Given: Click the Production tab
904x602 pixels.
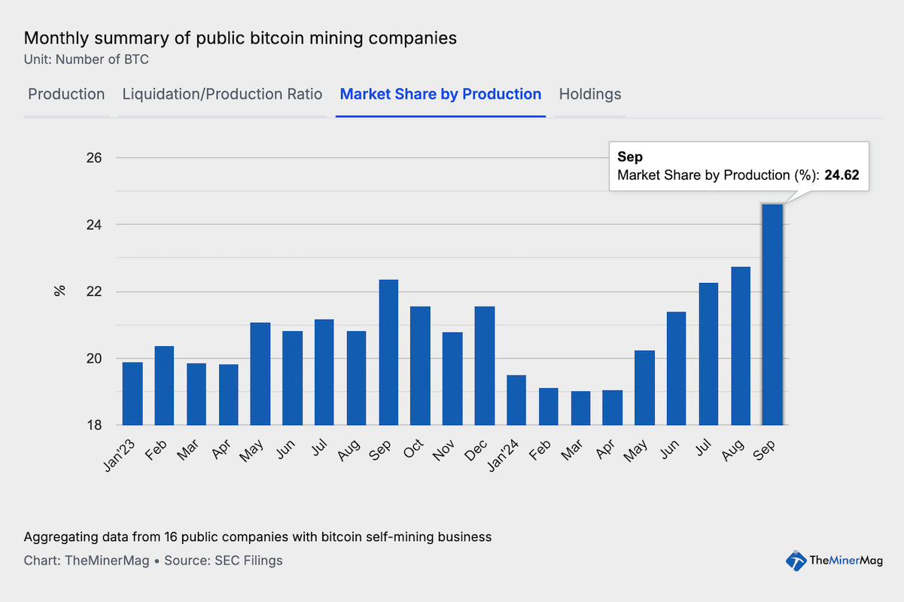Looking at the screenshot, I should pos(66,94).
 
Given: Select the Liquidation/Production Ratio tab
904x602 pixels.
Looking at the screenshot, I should pos(222,94).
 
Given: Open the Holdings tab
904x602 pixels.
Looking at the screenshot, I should pos(590,94).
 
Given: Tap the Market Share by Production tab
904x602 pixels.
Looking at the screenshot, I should pos(440,94).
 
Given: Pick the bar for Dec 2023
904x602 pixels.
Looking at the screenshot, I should pos(485,366).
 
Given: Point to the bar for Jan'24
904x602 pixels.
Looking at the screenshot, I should pos(516,400).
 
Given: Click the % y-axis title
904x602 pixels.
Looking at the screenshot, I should pos(59,291).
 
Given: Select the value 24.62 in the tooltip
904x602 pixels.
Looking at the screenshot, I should pos(842,175).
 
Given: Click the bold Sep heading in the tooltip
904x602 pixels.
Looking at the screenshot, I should pos(629,157).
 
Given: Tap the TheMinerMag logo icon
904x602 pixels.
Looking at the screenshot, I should pos(796,559).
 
